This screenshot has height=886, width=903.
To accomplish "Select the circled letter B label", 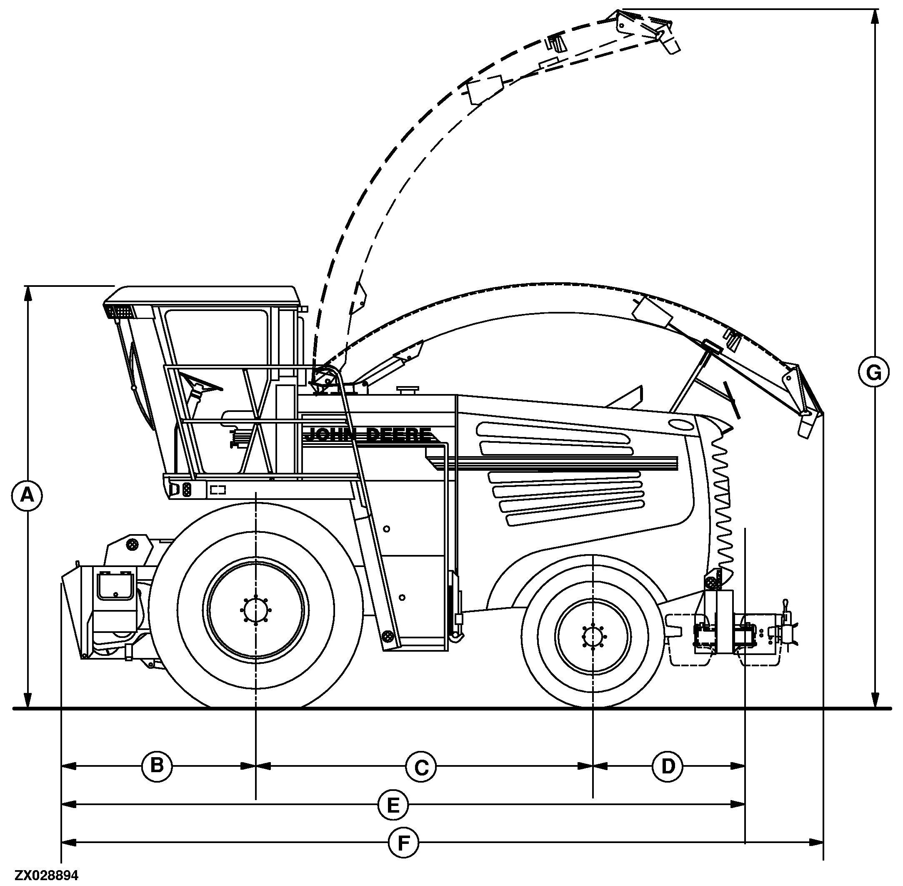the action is coord(157,765).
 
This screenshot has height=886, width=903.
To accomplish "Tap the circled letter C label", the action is coord(421,767).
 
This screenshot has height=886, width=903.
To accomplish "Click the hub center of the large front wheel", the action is coord(256,610).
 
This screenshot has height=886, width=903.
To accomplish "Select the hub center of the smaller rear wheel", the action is coord(593,636).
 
